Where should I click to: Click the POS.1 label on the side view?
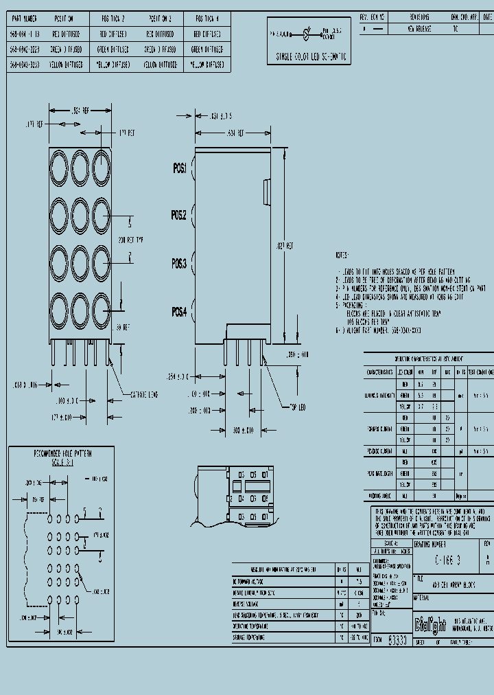pyautogui.click(x=179, y=168)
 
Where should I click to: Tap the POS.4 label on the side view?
pyautogui.click(x=179, y=312)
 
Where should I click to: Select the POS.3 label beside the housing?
pyautogui.click(x=179, y=263)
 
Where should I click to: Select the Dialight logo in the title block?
pyautogui.click(x=430, y=624)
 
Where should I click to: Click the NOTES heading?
pyautogui.click(x=343, y=254)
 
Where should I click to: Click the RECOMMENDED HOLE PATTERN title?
pyautogui.click(x=63, y=454)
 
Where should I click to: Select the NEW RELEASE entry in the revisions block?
pyautogui.click(x=419, y=30)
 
